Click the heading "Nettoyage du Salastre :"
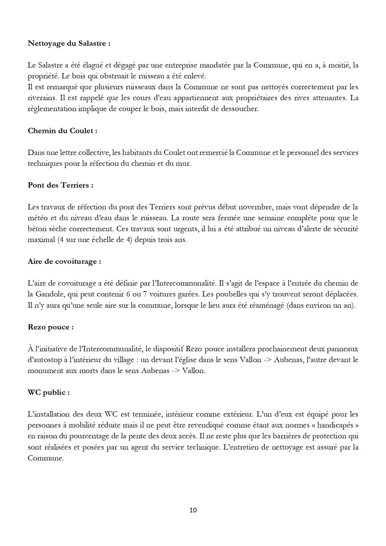(x=69, y=42)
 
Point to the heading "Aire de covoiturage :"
(x=65, y=262)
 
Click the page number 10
(x=193, y=510)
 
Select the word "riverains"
(x=44, y=97)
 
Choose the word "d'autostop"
(x=47, y=360)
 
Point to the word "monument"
(x=46, y=371)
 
